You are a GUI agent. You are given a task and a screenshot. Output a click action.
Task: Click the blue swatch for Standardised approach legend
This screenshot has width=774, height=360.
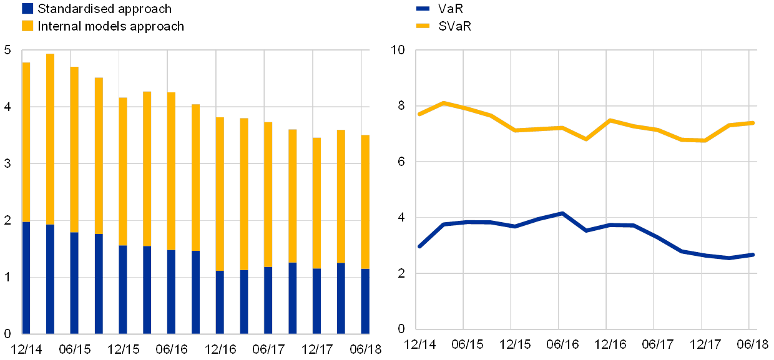[27, 9]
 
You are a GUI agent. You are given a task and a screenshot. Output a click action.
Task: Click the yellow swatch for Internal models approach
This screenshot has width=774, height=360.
[27, 26]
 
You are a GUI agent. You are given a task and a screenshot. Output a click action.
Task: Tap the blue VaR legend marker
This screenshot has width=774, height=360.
[423, 9]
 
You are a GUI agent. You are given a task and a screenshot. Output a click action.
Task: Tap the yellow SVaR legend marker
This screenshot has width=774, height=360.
[423, 26]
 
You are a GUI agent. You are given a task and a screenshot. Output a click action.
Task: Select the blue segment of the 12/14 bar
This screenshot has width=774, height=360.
[26, 278]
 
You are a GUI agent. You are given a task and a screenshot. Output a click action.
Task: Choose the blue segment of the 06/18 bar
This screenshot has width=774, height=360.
[365, 301]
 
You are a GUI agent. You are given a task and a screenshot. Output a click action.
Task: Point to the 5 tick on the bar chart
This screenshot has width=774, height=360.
[7, 51]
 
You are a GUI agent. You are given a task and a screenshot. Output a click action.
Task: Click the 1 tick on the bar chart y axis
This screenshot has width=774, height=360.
[7, 277]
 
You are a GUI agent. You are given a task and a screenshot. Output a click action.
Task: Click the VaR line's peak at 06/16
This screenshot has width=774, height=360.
[562, 213]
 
